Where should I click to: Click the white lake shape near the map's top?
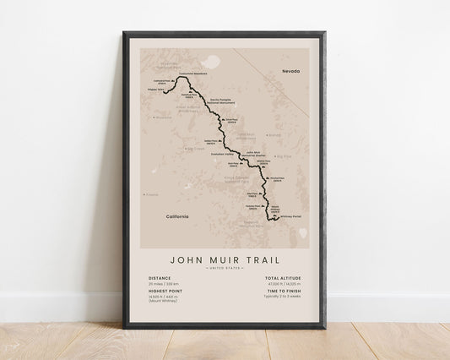[206, 61]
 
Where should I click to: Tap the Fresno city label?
[152, 194]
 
